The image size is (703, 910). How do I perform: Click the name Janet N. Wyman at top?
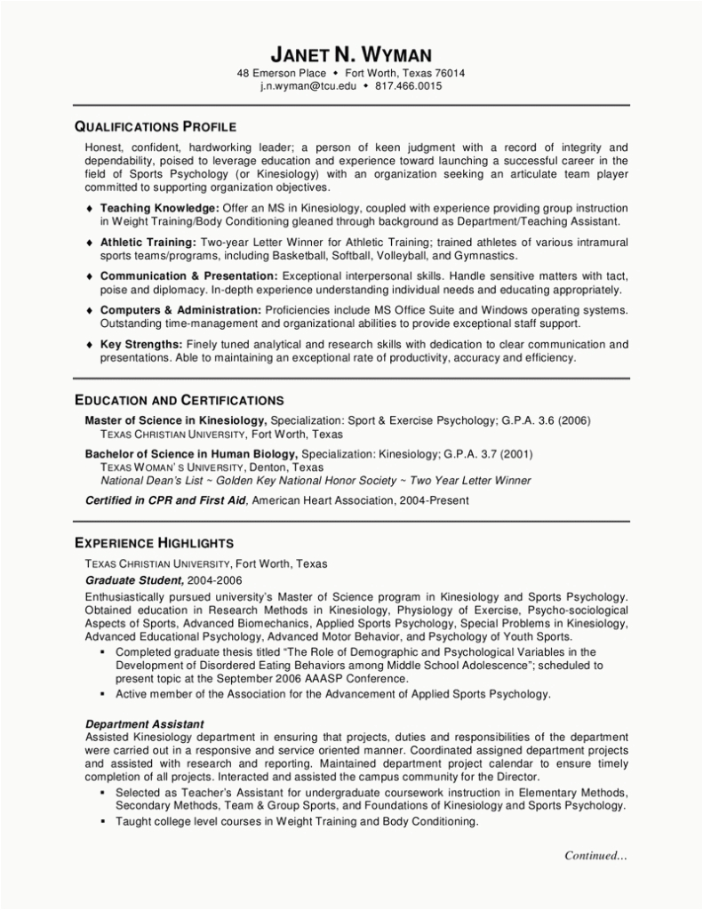point(351,55)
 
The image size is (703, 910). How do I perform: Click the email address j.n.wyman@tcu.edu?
point(308,86)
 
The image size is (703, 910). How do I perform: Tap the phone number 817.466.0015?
point(409,86)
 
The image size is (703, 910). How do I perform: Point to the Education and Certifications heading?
point(179,400)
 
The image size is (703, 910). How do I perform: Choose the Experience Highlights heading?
point(154,542)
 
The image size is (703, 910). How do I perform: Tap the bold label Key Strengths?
point(141,345)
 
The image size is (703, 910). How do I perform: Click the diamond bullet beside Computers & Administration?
point(90,310)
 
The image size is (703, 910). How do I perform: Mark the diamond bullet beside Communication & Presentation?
point(90,276)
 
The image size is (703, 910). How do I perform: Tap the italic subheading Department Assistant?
point(144,724)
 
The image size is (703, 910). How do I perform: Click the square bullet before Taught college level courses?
point(104,822)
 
